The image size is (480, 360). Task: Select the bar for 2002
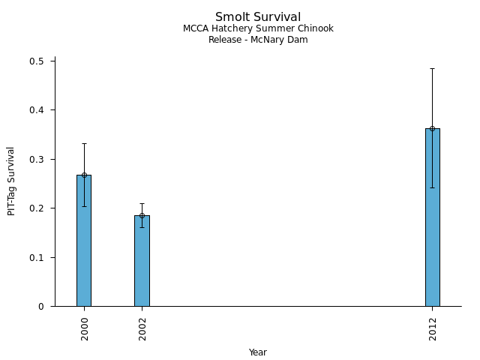[142, 262]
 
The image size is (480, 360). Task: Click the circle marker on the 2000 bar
[84, 175]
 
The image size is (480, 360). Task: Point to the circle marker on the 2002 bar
[142, 215]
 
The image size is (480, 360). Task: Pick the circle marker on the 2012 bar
[432, 128]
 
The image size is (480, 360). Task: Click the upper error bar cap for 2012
[432, 68]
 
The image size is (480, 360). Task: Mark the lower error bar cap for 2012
[432, 187]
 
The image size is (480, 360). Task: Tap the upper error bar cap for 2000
[84, 143]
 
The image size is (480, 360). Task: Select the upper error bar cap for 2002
[142, 203]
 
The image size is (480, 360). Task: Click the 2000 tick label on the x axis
[85, 328]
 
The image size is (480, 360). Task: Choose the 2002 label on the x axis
[142, 328]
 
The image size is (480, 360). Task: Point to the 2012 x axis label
[433, 328]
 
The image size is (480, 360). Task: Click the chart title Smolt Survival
[258, 17]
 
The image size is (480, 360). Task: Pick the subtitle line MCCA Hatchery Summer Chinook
[258, 28]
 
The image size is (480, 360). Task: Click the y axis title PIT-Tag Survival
[12, 181]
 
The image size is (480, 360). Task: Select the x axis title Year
[258, 352]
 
